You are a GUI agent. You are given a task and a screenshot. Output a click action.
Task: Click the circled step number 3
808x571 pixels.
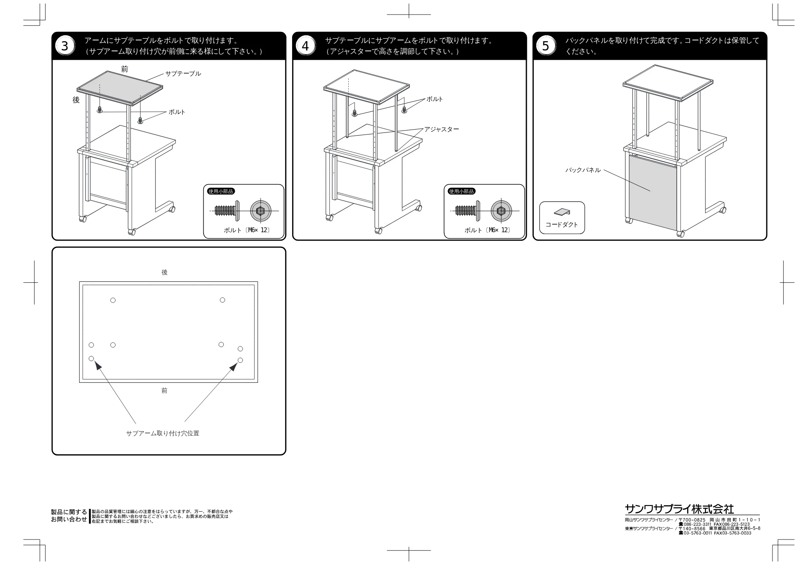(65, 46)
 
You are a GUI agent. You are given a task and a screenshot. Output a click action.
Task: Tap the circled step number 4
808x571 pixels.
(305, 46)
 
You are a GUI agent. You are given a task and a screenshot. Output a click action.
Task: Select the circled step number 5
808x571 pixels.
(546, 46)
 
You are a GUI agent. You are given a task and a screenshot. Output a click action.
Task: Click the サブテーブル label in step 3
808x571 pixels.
(183, 73)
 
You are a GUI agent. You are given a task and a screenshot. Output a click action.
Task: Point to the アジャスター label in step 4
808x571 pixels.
(442, 129)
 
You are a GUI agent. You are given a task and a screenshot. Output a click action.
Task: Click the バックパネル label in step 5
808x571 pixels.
(583, 170)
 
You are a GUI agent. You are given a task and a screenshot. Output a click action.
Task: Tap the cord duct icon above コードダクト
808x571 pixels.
(562, 212)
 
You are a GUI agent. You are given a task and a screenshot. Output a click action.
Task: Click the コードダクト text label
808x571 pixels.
(562, 225)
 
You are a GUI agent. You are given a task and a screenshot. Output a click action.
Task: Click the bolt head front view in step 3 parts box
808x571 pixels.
(261, 211)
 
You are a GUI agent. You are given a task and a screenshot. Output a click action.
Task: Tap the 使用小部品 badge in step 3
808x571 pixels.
(221, 191)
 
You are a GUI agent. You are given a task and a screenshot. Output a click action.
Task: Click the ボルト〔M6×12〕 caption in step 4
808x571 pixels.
(487, 230)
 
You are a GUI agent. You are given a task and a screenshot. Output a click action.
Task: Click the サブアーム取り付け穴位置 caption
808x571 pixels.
(163, 433)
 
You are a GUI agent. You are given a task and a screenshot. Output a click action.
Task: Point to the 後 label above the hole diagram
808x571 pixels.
(164, 273)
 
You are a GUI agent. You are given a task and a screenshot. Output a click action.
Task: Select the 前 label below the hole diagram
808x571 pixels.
(164, 390)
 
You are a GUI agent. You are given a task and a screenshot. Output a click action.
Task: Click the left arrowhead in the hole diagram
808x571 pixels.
(98, 365)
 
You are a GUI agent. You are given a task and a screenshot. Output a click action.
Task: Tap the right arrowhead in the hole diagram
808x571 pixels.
(234, 366)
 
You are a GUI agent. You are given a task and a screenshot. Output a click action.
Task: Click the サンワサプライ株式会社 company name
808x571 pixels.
(680, 509)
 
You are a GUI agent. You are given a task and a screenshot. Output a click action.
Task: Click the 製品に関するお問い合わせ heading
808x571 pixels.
(69, 516)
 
